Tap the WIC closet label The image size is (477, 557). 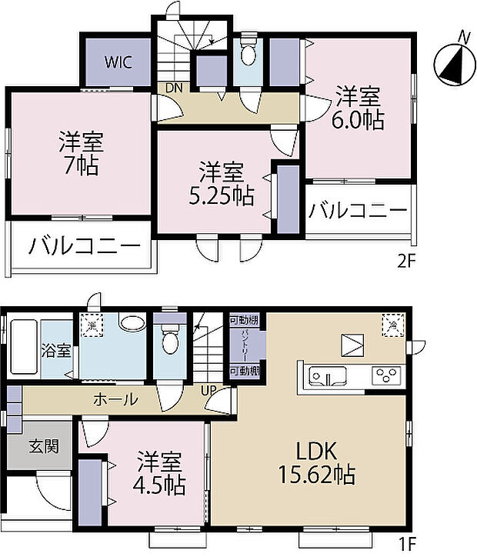coord(118,62)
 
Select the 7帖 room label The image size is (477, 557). coord(81,153)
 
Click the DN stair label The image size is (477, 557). coord(174,88)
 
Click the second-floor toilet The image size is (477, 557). coord(249,55)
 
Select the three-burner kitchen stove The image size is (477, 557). coord(383,376)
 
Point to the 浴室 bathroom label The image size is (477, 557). coord(56,350)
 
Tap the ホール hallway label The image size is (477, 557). coord(116,399)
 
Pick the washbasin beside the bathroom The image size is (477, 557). coord(133,324)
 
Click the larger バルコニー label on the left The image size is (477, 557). coord(85,247)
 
